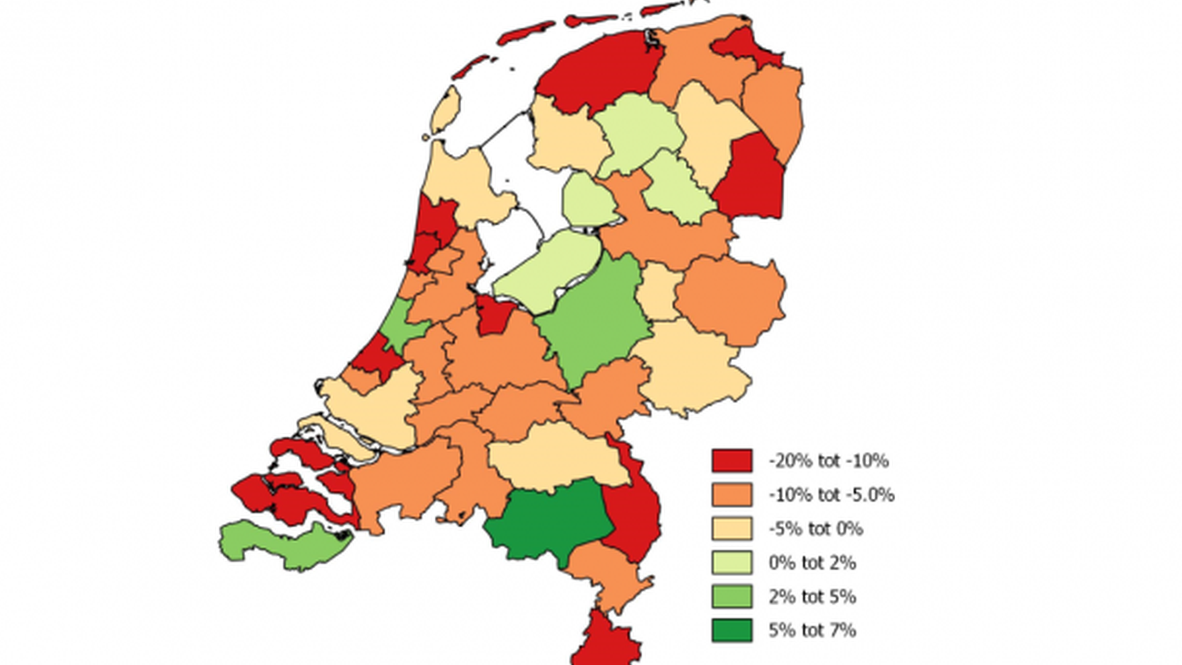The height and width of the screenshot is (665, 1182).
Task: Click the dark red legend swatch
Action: (732, 461)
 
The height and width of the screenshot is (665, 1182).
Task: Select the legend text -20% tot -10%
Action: (828, 461)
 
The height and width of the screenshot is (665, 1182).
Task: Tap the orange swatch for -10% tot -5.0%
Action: (732, 494)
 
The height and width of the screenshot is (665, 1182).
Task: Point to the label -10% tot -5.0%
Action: (831, 494)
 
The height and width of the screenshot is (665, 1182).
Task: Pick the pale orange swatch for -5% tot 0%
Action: (732, 528)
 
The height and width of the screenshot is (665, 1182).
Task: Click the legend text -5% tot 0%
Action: (816, 528)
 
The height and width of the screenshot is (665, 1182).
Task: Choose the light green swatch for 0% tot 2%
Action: (732, 562)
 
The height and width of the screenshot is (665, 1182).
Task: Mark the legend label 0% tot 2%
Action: (812, 562)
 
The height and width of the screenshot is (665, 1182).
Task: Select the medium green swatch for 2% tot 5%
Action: (732, 596)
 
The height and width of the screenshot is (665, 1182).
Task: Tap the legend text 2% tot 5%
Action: (812, 596)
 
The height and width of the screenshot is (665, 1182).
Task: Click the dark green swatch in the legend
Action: (732, 630)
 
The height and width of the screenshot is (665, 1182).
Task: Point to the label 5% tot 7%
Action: (812, 630)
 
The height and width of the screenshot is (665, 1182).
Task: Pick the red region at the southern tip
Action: (606, 640)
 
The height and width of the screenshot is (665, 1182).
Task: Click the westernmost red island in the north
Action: (471, 66)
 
